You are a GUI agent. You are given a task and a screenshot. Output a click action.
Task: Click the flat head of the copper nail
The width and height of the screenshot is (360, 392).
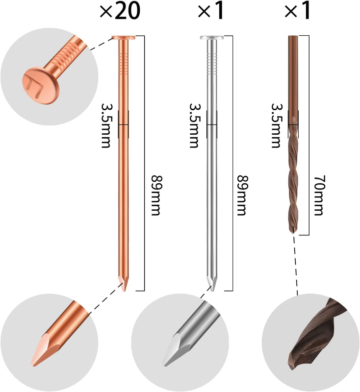(124, 38)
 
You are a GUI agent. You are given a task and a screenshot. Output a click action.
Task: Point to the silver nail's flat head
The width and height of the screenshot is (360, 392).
(212, 38)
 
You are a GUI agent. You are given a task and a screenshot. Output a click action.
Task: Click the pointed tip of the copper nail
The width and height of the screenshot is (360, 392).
(124, 291)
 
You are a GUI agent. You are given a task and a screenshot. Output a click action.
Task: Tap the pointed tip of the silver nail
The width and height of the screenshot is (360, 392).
(212, 291)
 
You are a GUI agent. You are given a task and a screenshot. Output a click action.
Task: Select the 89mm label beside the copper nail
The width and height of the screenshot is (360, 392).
(155, 196)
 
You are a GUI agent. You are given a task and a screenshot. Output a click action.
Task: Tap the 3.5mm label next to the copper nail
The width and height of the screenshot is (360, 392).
(106, 125)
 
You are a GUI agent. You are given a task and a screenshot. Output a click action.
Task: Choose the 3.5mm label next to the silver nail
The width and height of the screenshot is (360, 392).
(194, 125)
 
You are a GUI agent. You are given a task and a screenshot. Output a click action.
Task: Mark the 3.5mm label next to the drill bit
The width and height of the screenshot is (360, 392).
(277, 125)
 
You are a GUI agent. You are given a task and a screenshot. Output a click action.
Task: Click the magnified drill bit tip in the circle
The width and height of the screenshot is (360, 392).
(316, 335)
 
